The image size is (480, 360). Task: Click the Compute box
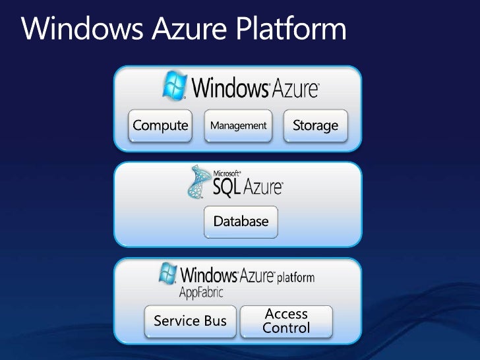coord(160,125)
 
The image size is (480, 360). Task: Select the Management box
coord(238,125)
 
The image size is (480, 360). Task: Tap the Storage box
coord(315,125)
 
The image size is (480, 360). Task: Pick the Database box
coord(241,222)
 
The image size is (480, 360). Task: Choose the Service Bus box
coord(190,321)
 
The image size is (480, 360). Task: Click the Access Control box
coord(286,321)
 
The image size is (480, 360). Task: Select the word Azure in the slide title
coord(171,29)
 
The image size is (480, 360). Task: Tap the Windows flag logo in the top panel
coord(175,85)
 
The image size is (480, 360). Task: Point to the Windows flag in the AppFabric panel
coord(168,274)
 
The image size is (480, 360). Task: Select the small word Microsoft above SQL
coord(225,174)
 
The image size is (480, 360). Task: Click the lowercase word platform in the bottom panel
coord(295,277)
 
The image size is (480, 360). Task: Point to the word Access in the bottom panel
coord(286,314)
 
